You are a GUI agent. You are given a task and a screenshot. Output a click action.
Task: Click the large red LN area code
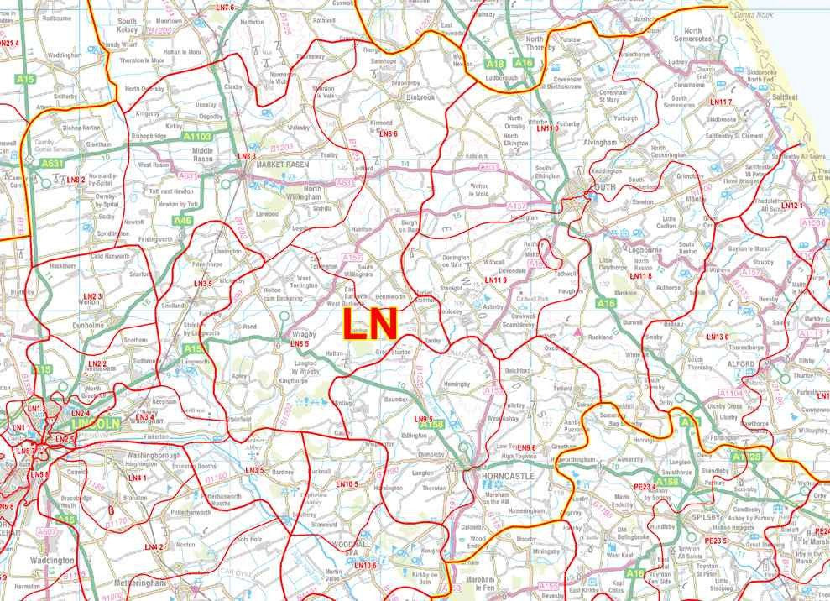[370, 324]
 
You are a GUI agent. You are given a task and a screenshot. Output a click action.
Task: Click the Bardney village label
[283, 472]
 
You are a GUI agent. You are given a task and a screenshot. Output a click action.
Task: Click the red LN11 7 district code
[721, 102]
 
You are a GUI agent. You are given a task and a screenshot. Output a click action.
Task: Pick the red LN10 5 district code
[347, 485]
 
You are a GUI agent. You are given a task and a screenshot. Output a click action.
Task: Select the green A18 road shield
[496, 64]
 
